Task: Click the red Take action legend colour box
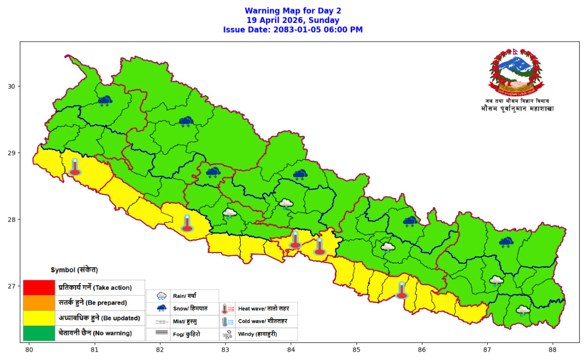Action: [39, 287]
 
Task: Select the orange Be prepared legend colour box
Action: [39, 302]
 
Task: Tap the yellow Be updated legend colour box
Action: [39, 318]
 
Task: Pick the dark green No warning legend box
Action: [39, 333]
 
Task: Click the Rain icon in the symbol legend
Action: [162, 296]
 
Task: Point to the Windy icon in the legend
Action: [228, 335]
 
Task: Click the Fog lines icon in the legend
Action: [162, 335]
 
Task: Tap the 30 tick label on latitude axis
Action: [14, 86]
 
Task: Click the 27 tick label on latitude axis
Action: [14, 286]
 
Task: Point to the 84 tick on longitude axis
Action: [291, 350]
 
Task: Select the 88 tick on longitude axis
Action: [552, 350]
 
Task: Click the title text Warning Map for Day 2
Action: [293, 11]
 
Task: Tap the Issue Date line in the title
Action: [293, 30]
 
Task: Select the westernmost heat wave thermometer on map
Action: [75, 167]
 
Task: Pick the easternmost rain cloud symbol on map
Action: [523, 310]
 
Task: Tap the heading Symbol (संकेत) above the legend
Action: [74, 270]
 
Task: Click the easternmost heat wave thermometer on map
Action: [401, 290]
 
